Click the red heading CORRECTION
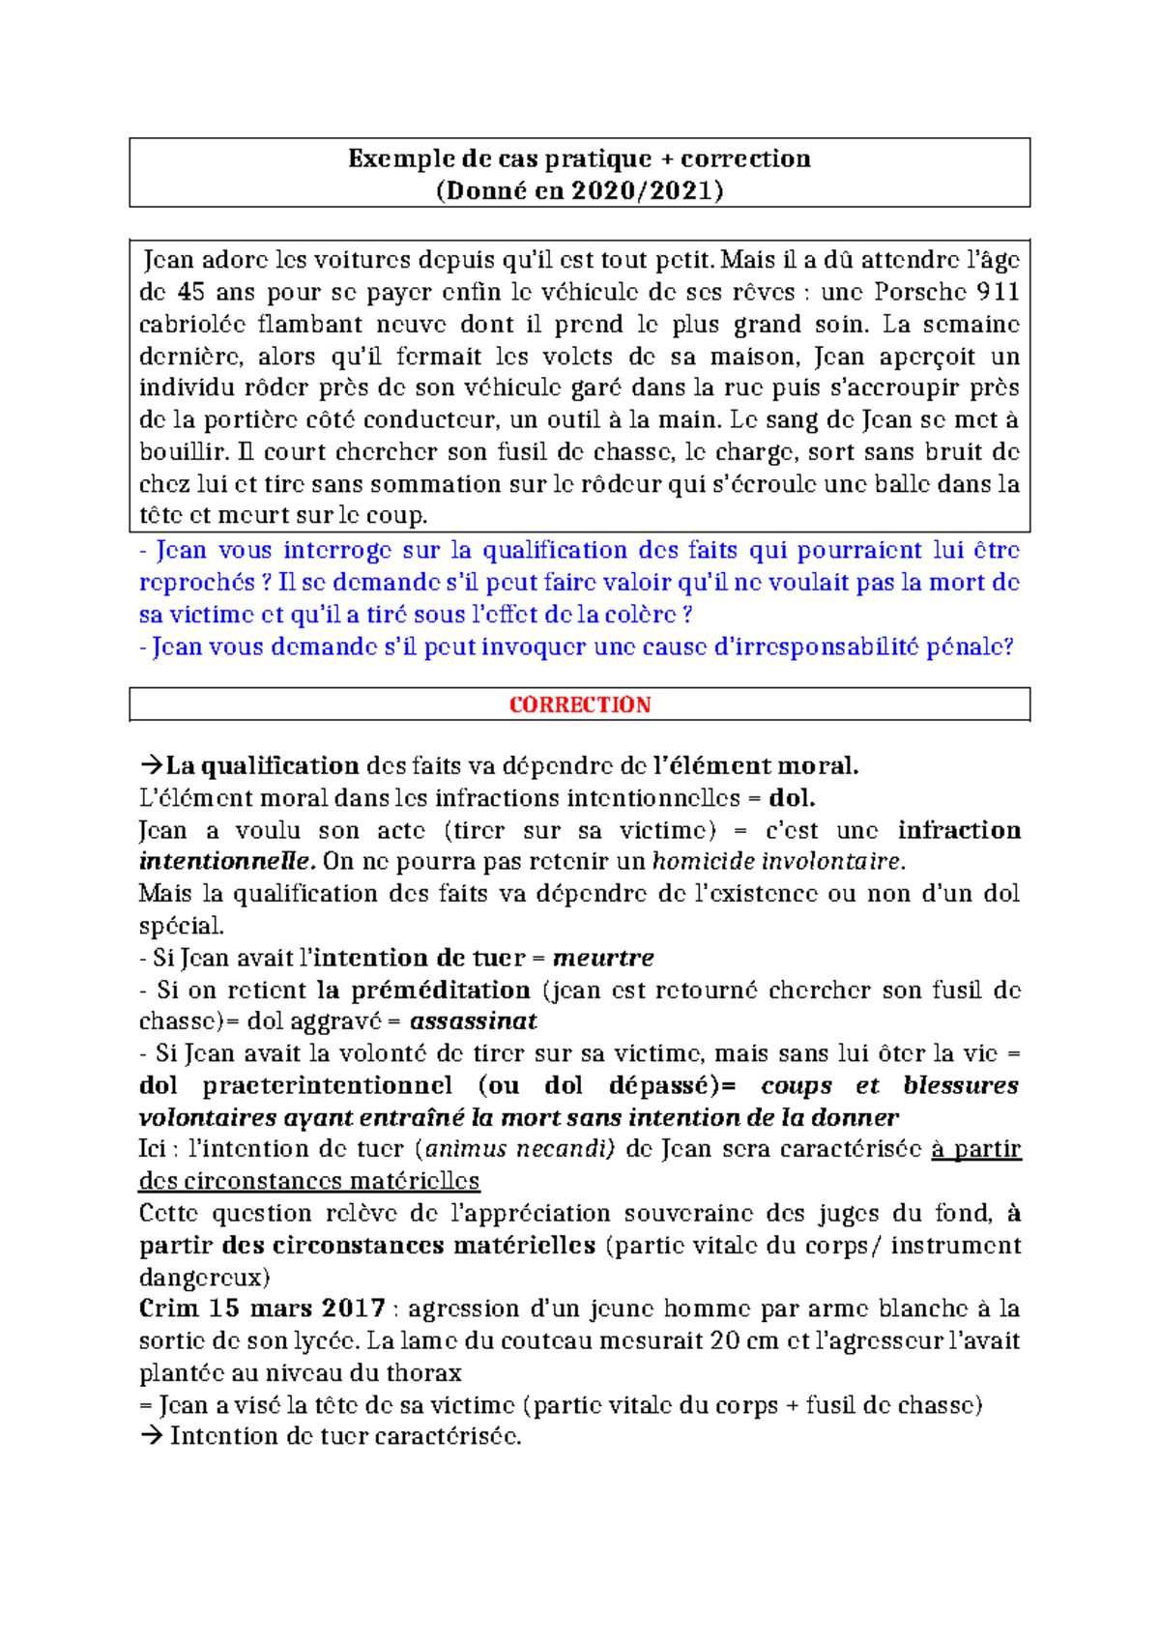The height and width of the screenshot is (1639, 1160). coord(580,704)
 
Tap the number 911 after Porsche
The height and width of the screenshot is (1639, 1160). coord(998,292)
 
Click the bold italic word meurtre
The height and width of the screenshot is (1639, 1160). coord(603,958)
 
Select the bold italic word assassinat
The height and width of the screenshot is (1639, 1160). coord(473,1021)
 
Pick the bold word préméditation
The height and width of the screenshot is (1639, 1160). coord(440,990)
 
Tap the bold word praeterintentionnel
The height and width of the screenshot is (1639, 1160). coord(327,1085)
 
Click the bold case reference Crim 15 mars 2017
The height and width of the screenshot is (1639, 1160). coord(262,1308)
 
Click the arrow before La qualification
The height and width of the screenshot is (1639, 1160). coord(152,766)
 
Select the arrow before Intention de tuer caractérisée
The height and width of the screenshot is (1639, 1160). coord(152,1436)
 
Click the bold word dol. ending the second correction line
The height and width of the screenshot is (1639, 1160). coord(792,798)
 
